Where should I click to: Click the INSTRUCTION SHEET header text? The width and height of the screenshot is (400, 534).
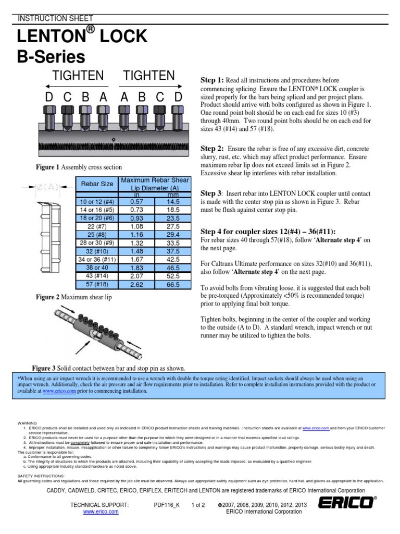[48, 18]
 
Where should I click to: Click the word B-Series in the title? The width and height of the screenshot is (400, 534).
[51, 56]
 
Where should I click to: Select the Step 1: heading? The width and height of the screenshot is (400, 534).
[212, 80]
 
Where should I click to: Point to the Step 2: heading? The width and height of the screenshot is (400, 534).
[212, 148]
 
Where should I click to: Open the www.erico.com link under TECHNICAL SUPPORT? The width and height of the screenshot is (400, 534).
[101, 512]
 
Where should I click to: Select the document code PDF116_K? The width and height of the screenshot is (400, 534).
[167, 504]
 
